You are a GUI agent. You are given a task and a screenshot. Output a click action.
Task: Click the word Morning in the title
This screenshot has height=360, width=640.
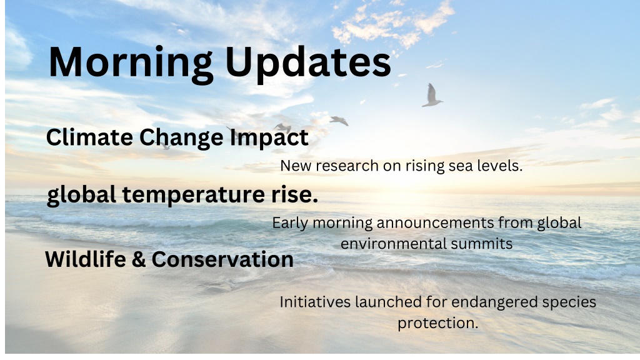[x=131, y=62]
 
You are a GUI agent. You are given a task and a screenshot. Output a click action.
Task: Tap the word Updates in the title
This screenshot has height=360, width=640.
[x=308, y=61]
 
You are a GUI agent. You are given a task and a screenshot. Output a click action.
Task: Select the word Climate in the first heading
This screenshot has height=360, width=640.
[x=89, y=137]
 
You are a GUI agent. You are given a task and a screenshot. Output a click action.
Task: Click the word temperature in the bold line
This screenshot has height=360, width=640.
[x=193, y=195]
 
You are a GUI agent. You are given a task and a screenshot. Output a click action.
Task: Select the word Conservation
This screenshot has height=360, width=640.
[x=222, y=259]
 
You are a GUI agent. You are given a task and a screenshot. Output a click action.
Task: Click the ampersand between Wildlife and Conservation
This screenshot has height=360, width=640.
[x=139, y=259]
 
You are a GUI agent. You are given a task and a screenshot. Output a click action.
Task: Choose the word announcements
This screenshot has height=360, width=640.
[x=435, y=223]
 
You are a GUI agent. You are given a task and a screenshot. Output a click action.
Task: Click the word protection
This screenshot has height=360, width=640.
[x=438, y=323]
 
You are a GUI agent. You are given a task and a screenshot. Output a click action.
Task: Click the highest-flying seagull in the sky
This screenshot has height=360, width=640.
[x=432, y=96]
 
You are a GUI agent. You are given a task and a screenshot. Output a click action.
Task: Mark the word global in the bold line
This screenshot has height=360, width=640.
[x=81, y=195]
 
